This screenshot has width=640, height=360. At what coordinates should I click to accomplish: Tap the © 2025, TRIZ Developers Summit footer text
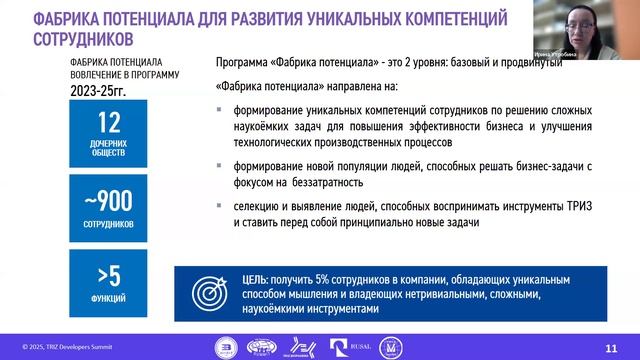(60, 347)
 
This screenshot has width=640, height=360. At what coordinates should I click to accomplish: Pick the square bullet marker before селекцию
(220, 205)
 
